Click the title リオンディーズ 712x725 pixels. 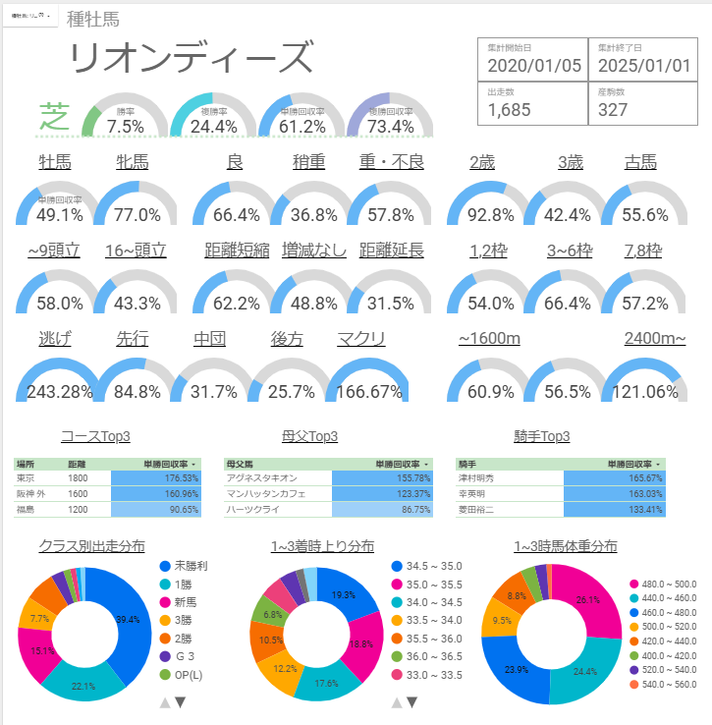point(192,59)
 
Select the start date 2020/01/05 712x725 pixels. point(534,66)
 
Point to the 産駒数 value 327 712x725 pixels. point(613,109)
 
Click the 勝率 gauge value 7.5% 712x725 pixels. point(125,127)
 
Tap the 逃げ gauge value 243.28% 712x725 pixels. point(55,392)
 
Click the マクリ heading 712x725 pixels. point(360,339)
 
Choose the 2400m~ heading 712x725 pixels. point(654,339)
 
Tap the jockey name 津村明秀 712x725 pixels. point(478,477)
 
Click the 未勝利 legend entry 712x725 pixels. point(190,567)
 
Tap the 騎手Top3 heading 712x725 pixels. point(541,436)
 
